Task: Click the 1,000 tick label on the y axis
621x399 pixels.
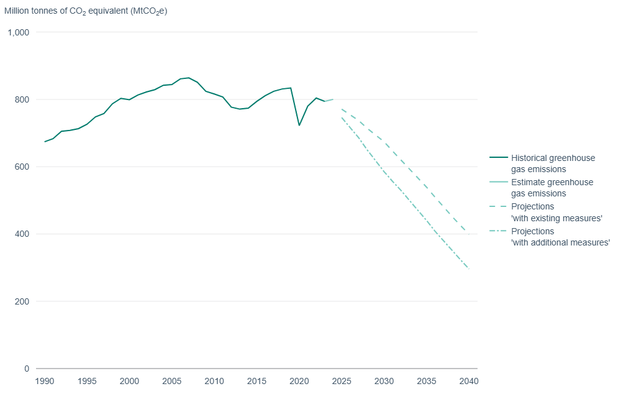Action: click(x=19, y=32)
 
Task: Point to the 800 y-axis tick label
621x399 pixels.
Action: click(x=22, y=99)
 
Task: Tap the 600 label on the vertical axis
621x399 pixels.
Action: click(x=22, y=167)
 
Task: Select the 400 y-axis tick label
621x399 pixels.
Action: click(x=22, y=234)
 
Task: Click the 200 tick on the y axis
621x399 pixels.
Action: click(x=22, y=301)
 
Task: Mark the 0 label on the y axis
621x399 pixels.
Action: click(x=27, y=369)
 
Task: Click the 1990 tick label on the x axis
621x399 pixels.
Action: click(x=44, y=381)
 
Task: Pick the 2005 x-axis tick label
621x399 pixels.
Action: click(x=172, y=381)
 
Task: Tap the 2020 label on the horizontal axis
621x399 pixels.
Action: click(x=299, y=381)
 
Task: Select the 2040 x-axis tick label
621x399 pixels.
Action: click(x=469, y=381)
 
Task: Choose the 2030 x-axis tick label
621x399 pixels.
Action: click(x=384, y=381)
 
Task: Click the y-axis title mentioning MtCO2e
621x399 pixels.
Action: click(x=86, y=11)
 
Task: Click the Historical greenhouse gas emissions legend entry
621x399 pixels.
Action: click(x=553, y=163)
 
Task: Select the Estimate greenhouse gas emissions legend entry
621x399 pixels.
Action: click(x=552, y=188)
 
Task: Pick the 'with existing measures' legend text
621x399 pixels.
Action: click(x=556, y=218)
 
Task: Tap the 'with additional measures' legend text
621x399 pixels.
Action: click(x=560, y=242)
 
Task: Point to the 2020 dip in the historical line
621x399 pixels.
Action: click(x=299, y=126)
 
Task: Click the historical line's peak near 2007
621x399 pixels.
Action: click(x=189, y=78)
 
